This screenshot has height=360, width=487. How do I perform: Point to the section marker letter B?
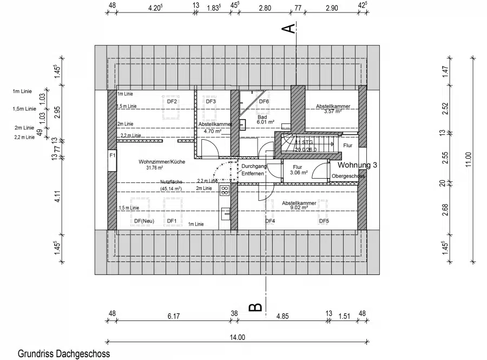pos(255,307)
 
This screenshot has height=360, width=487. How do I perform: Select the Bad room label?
pos(262,116)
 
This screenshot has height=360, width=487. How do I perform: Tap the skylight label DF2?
pos(172,101)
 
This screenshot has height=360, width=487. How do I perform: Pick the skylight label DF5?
pos(324,221)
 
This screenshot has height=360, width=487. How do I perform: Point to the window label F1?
pos(112,155)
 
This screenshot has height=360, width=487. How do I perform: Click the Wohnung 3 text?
pos(358,165)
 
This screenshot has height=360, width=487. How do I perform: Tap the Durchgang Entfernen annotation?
pos(253,170)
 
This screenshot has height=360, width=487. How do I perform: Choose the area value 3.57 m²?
pos(332,112)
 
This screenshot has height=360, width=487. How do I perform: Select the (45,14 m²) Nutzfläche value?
pos(170,188)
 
